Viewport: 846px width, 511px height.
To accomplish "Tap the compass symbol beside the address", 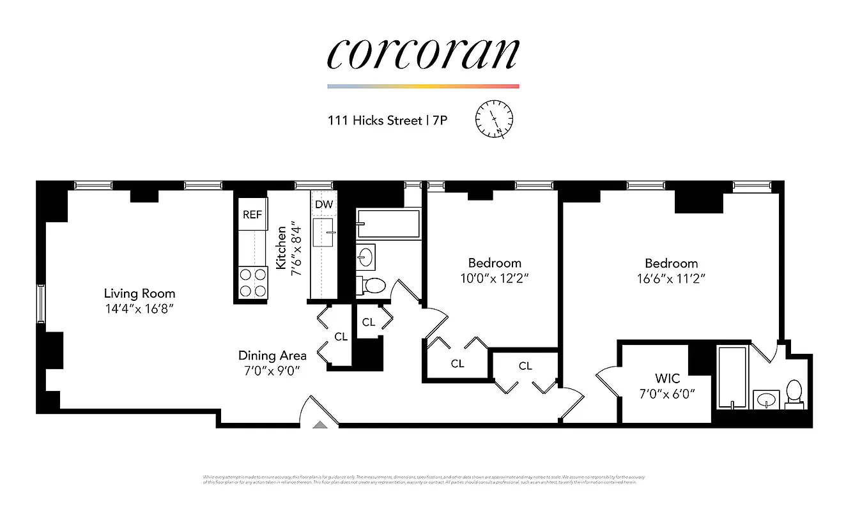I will (x=495, y=119).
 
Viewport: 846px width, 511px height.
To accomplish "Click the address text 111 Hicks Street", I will (x=374, y=120).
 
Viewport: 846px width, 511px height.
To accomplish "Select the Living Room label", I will (x=139, y=294).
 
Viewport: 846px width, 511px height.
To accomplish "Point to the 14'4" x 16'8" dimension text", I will (x=139, y=309).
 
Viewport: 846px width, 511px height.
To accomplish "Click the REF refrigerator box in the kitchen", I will (x=252, y=215).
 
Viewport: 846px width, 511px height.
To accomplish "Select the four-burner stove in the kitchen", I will (x=252, y=282).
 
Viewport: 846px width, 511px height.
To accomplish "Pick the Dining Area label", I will (x=272, y=356).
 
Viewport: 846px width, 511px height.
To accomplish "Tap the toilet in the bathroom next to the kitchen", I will (x=373, y=286).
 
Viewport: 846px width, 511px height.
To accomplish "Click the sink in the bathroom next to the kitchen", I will (x=366, y=257).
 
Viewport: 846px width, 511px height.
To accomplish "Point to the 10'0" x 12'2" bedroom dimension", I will (x=495, y=278).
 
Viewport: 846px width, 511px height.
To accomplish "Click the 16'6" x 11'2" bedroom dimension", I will (x=671, y=278).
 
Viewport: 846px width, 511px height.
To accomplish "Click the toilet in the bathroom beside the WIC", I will (x=794, y=392).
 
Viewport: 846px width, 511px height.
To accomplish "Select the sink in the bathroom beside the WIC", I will (x=765, y=400).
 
